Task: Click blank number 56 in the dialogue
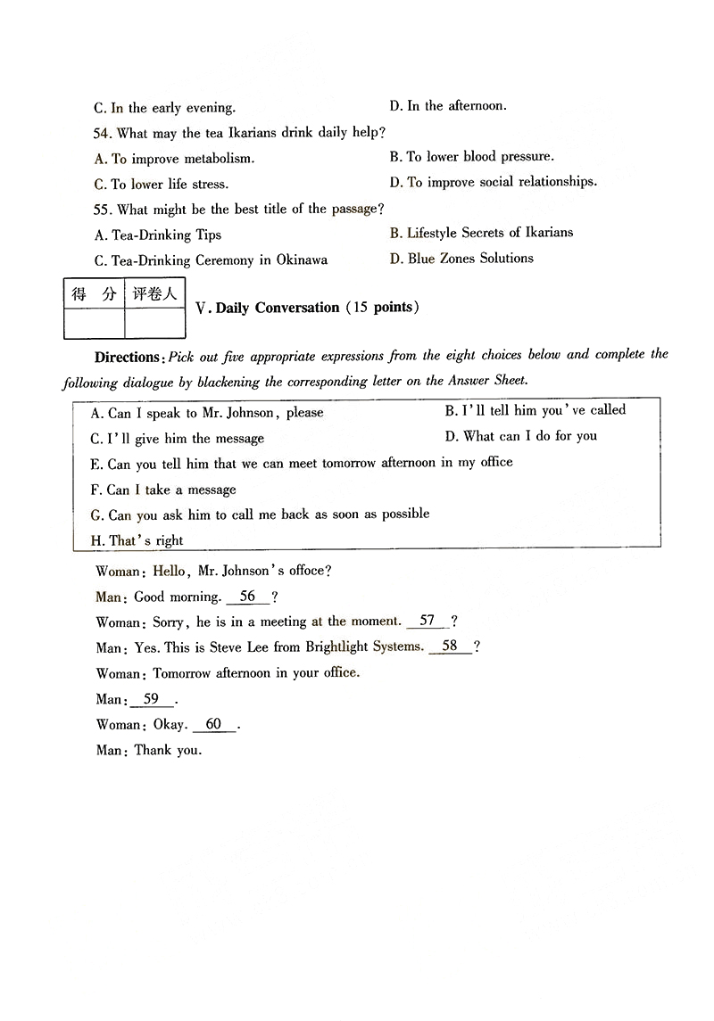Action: pyautogui.click(x=247, y=597)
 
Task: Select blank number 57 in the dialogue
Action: pyautogui.click(x=428, y=621)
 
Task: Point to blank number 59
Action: pyautogui.click(x=151, y=699)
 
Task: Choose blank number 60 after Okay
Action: pyautogui.click(x=213, y=724)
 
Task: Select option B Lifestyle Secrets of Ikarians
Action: pyautogui.click(x=481, y=233)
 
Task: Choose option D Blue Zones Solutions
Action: pyautogui.click(x=461, y=259)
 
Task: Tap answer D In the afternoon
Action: pyautogui.click(x=447, y=106)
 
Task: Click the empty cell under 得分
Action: pyautogui.click(x=94, y=323)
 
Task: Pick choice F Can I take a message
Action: pyautogui.click(x=163, y=489)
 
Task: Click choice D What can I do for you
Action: pyautogui.click(x=520, y=436)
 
